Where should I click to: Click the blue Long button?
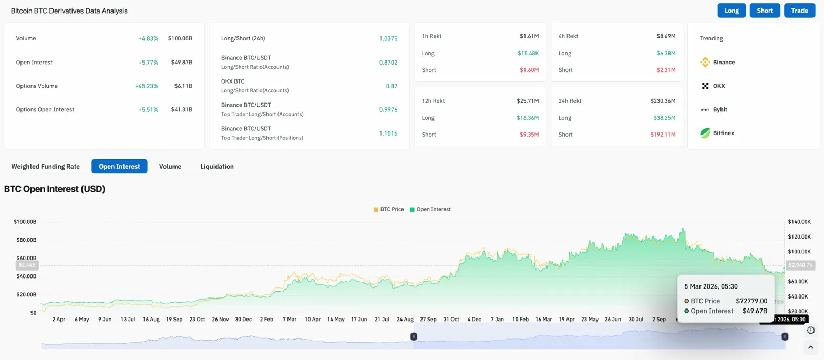[x=732, y=11]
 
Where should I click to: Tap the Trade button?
[x=799, y=11]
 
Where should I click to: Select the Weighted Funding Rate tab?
[x=46, y=167]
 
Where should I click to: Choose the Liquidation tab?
[x=217, y=167]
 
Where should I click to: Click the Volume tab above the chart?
[x=170, y=167]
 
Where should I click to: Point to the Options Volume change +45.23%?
[x=148, y=86]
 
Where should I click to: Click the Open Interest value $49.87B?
[x=181, y=63]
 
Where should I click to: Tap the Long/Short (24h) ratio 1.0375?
[x=388, y=39]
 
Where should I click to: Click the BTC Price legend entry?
[x=389, y=209]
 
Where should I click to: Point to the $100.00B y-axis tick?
[x=25, y=222]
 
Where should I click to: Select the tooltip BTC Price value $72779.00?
[x=751, y=301]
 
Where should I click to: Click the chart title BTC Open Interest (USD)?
[x=55, y=189]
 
